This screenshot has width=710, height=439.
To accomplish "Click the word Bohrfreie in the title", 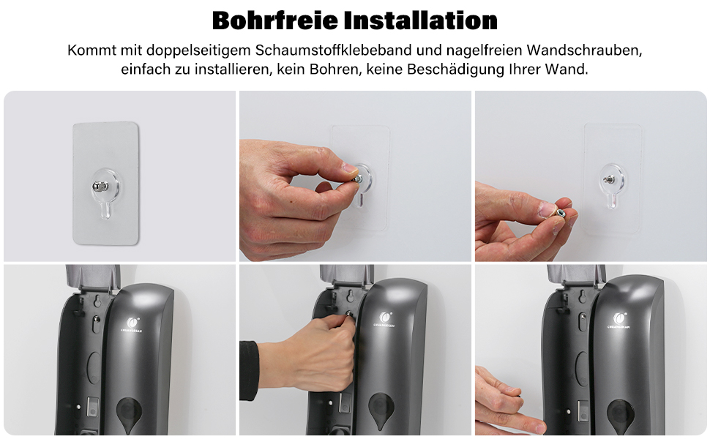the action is [x=275, y=20].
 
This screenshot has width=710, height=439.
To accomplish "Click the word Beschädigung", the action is [x=455, y=70].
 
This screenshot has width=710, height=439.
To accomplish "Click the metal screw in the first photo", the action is [x=100, y=186].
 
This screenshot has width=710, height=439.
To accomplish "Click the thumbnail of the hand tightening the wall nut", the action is [x=355, y=176].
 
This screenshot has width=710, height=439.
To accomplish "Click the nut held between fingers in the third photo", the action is [x=560, y=211].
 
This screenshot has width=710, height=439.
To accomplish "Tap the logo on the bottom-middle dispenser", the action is [x=384, y=318].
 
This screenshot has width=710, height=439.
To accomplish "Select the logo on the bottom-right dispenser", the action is [x=619, y=320].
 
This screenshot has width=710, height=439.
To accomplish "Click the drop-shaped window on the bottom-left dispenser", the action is [x=130, y=414].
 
